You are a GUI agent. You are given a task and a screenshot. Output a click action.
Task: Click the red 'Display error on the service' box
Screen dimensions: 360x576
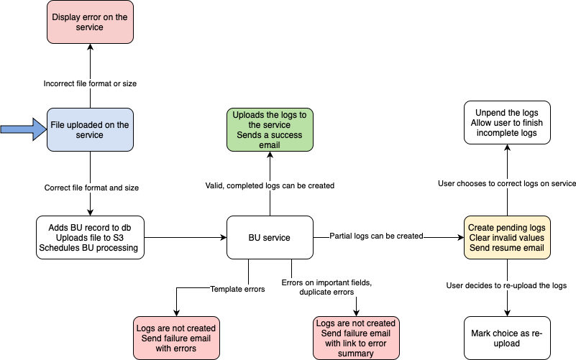(90, 22)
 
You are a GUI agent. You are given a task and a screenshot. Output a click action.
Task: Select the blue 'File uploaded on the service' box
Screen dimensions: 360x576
(90, 130)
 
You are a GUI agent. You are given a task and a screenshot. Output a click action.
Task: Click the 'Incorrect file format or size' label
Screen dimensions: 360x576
(90, 83)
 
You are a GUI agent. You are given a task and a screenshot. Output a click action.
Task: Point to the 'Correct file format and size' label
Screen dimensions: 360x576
(90, 188)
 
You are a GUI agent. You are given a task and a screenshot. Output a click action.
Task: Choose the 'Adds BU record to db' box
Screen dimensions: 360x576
(90, 238)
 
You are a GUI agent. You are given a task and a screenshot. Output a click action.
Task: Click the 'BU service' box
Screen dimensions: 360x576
(270, 237)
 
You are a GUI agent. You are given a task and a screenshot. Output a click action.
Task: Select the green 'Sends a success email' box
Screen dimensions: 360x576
(270, 130)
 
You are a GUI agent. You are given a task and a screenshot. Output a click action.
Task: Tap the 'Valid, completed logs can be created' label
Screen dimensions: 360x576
(270, 185)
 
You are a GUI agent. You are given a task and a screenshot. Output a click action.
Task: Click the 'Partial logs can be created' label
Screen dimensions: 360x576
(376, 236)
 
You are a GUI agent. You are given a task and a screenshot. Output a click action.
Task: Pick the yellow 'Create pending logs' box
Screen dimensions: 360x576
(508, 238)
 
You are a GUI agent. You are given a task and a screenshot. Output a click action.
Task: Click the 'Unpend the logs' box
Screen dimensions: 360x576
(508, 122)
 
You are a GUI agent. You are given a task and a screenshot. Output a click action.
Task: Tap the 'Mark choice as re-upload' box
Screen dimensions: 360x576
(508, 338)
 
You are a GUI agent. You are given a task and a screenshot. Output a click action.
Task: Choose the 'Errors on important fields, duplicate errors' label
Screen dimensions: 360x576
(326, 287)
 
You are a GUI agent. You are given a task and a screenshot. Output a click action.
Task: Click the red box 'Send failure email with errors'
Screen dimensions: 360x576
(176, 338)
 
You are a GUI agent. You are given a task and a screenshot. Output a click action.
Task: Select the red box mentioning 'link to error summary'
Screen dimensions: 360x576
(356, 338)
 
